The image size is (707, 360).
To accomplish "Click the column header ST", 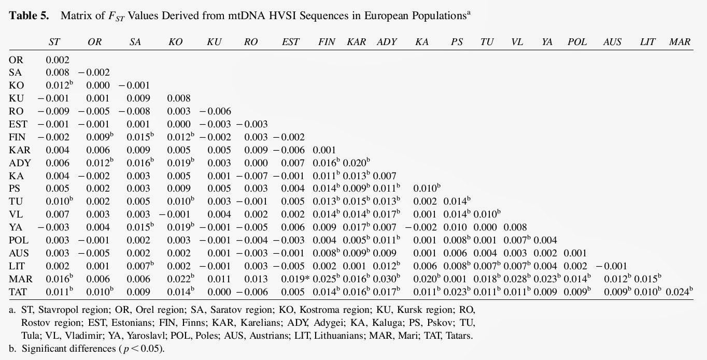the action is (x=54, y=42).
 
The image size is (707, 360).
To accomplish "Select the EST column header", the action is (x=290, y=42).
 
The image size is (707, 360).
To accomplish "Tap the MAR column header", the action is (x=680, y=42).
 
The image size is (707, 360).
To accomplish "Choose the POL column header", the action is (x=577, y=42).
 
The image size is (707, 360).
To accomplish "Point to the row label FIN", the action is (x=17, y=137).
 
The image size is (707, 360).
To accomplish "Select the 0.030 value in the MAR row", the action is (x=386, y=279).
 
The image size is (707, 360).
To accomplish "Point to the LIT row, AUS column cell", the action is (x=615, y=266).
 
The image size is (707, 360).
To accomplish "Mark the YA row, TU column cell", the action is (x=486, y=227).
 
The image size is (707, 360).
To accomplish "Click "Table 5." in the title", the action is (x=29, y=15).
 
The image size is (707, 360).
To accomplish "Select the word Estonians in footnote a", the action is (x=122, y=323).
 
